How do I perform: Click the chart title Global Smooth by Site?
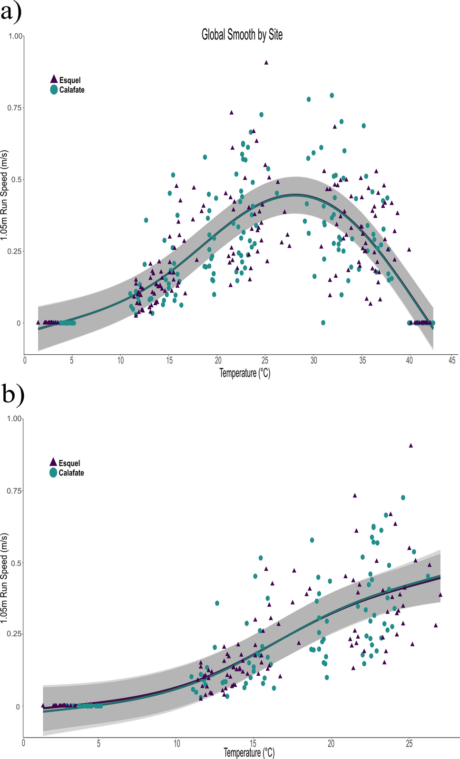click(242, 35)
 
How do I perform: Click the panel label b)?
click(13, 394)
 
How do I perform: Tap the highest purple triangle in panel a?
click(266, 62)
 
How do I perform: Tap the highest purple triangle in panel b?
click(411, 446)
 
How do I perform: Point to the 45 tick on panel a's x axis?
click(452, 360)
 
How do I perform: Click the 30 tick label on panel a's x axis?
click(314, 360)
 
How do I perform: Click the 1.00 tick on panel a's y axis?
click(15, 36)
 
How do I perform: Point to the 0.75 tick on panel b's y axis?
click(14, 490)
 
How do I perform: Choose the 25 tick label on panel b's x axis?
click(409, 743)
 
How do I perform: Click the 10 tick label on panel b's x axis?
click(177, 743)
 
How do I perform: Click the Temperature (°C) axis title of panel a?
click(245, 373)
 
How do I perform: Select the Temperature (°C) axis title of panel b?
click(249, 753)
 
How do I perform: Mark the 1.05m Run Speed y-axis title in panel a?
click(5, 195)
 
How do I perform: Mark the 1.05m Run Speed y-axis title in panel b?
click(5, 578)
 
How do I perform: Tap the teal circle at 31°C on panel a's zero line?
click(323, 322)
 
